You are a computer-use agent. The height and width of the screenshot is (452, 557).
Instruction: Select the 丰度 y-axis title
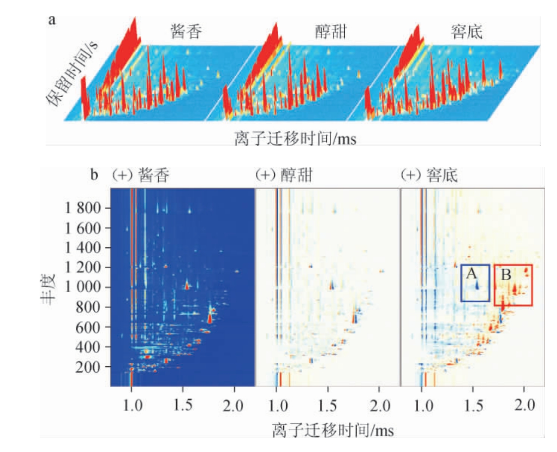pos(47,287)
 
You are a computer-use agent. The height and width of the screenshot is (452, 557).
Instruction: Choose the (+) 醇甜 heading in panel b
pos(283,175)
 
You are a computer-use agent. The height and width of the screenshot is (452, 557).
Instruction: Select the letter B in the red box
pos(505,274)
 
